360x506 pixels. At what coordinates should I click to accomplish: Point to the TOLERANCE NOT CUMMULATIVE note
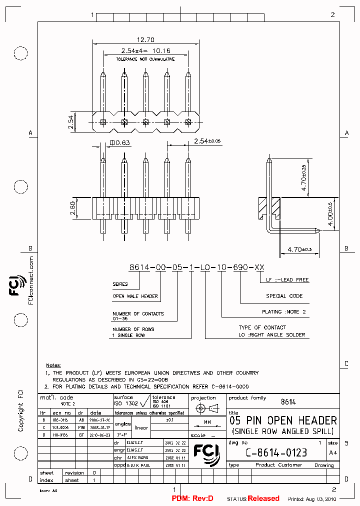[x=145, y=59]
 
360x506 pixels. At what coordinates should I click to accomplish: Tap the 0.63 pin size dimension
[x=120, y=143]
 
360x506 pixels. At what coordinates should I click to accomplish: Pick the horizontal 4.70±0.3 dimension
[x=300, y=249]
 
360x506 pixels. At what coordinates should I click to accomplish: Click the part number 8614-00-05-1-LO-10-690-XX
[x=196, y=267]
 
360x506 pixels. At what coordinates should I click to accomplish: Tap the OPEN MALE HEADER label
[x=135, y=296]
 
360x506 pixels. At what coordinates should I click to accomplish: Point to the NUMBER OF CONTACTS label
[x=138, y=313]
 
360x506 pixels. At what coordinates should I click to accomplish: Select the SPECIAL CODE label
[x=284, y=296]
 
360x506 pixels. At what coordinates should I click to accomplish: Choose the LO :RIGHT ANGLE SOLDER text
[x=272, y=334]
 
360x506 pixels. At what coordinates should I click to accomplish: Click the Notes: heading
[x=54, y=365]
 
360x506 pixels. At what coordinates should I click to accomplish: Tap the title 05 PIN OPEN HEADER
[x=282, y=420]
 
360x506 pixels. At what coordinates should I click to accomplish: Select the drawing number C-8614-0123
[x=276, y=453]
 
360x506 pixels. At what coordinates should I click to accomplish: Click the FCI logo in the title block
[x=206, y=450]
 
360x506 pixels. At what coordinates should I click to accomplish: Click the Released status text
[x=263, y=498]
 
